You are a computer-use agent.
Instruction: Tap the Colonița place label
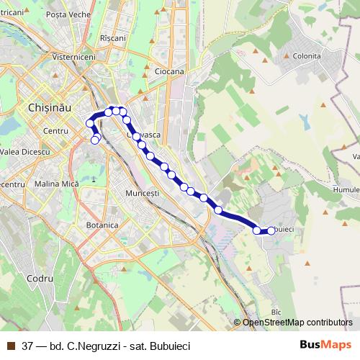click(307, 55)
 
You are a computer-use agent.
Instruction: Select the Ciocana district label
click(169, 71)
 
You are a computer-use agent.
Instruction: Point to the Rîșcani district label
click(113, 38)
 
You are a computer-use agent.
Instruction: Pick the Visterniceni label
click(76, 55)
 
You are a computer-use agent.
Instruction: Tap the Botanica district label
click(102, 225)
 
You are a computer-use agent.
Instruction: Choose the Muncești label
click(142, 194)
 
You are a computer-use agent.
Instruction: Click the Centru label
click(55, 131)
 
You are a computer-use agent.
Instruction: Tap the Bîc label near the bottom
click(275, 312)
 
